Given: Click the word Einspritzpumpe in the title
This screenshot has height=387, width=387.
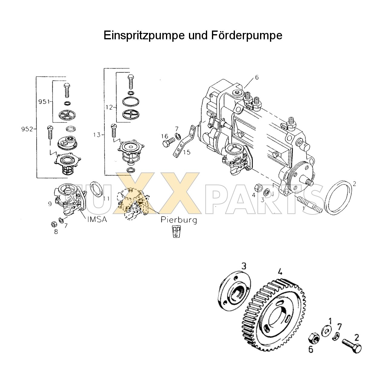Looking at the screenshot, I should [144, 35].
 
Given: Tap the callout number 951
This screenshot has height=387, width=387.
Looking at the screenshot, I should [44, 102].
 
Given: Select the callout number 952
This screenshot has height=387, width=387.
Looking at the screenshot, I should [27, 129].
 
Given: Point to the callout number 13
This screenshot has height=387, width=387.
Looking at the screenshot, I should [96, 135].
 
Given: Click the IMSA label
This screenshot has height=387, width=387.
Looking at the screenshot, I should [97, 220].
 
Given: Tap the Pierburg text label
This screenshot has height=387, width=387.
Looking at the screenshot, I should [179, 220].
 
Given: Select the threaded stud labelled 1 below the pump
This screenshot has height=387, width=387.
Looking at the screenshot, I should [308, 205].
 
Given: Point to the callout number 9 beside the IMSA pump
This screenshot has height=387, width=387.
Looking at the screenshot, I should [50, 204].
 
